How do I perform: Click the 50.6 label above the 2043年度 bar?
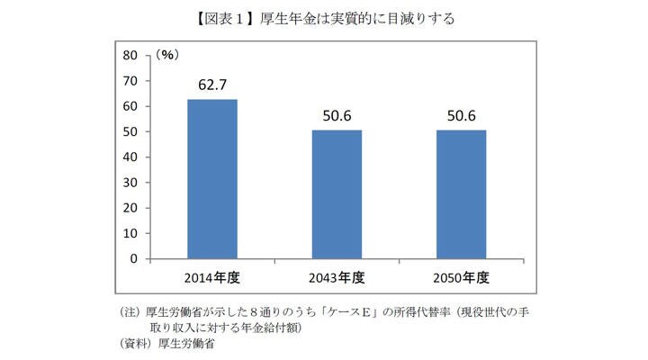click(337, 117)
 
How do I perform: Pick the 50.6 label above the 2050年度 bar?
click(461, 117)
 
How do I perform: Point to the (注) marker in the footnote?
click(130, 311)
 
